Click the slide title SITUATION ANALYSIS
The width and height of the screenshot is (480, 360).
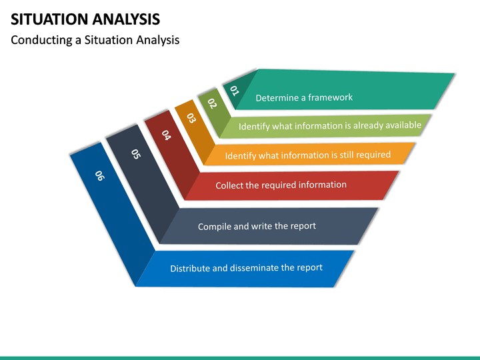click(x=85, y=19)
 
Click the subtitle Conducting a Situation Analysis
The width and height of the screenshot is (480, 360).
click(x=95, y=40)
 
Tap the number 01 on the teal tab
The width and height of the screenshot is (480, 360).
click(x=234, y=90)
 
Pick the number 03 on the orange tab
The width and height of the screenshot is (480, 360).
click(x=191, y=118)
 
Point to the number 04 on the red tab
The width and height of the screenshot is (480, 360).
click(x=166, y=135)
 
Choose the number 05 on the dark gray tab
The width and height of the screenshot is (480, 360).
click(x=136, y=154)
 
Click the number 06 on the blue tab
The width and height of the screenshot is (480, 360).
click(x=99, y=175)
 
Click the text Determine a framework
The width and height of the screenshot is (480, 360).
click(x=304, y=97)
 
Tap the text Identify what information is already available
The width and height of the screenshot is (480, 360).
click(x=330, y=125)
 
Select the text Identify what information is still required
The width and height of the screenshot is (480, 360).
click(x=308, y=155)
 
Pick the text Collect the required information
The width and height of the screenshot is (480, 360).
click(x=281, y=185)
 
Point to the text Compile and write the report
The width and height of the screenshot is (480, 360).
click(x=257, y=226)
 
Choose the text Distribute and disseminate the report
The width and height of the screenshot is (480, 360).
click(x=246, y=268)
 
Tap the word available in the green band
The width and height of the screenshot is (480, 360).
click(x=402, y=125)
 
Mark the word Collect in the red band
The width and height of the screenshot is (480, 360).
click(x=229, y=185)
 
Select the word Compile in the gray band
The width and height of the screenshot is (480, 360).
click(x=214, y=227)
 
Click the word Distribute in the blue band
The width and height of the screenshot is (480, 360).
click(x=190, y=269)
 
